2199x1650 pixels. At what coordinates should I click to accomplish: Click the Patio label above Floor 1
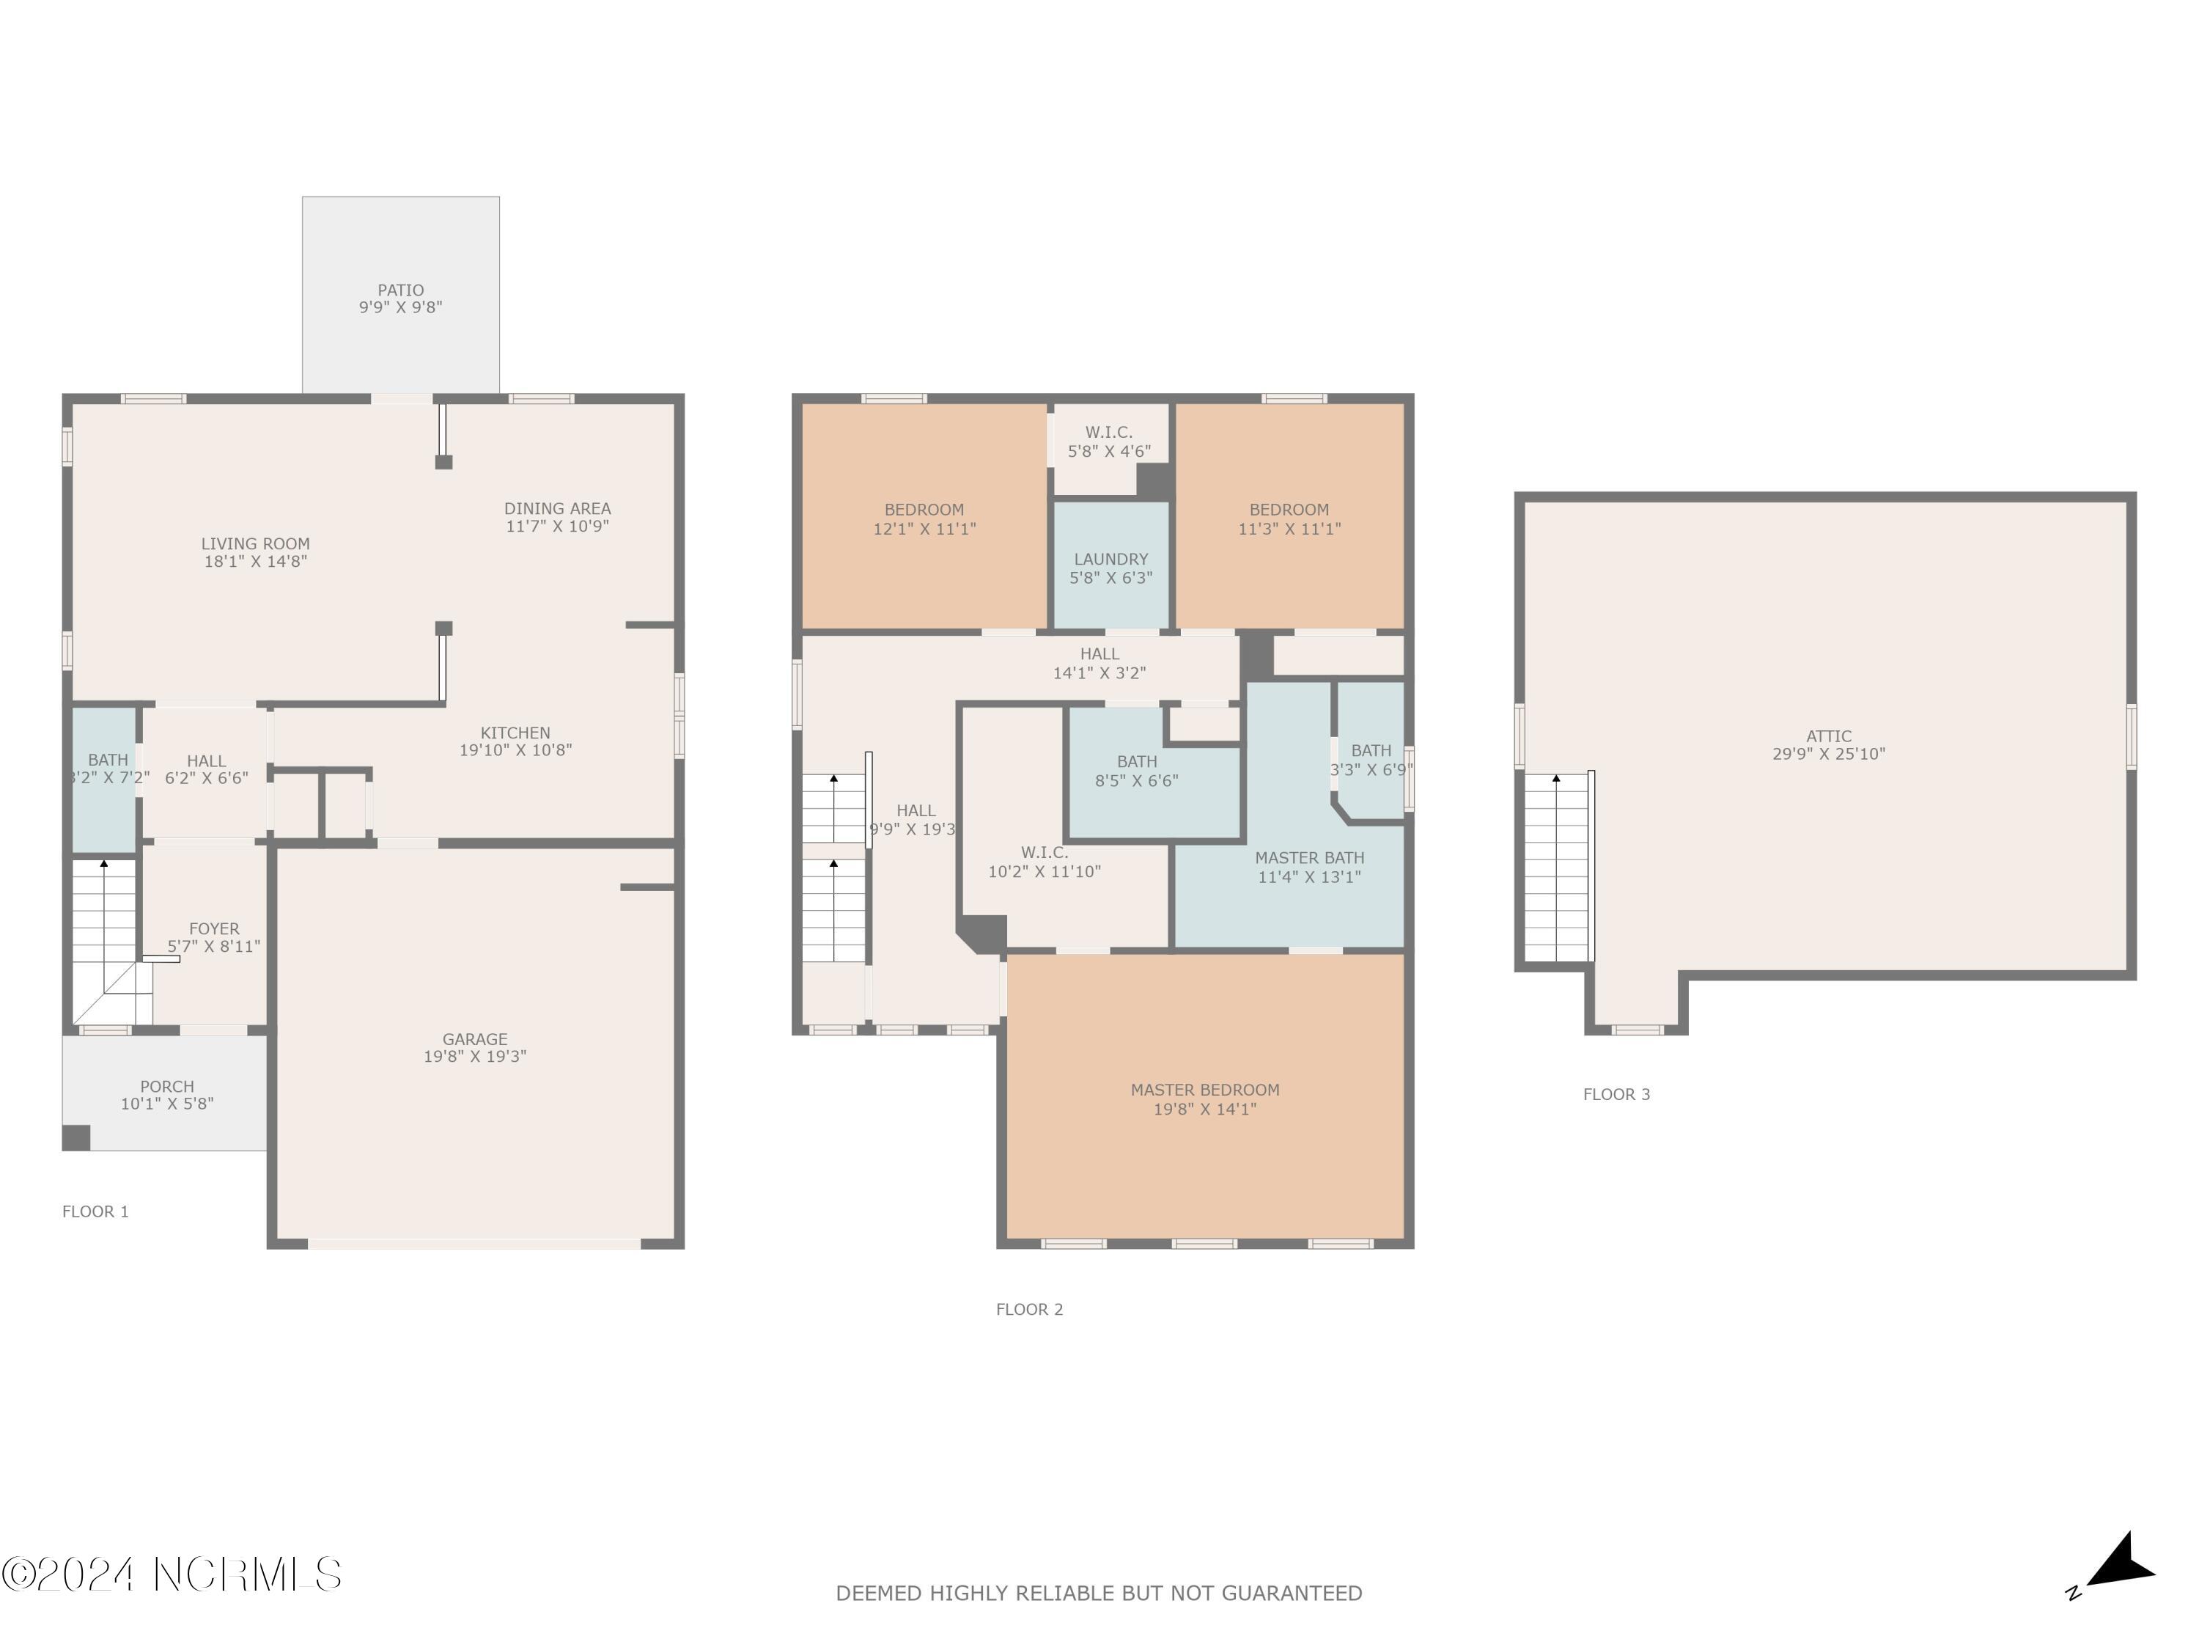tap(401, 290)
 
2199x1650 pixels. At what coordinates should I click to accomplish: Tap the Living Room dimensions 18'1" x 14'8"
tap(256, 562)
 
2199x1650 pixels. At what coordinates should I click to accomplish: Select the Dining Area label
tap(556, 508)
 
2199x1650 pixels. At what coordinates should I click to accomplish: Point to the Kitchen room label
tap(515, 733)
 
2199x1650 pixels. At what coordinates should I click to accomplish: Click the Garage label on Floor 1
tap(474, 1039)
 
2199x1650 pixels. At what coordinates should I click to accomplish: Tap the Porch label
tap(167, 1087)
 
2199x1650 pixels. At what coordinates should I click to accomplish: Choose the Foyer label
tap(214, 929)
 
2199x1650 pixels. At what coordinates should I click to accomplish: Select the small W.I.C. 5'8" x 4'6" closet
tap(1108, 441)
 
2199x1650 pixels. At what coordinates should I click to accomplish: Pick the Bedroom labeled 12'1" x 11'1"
tap(924, 519)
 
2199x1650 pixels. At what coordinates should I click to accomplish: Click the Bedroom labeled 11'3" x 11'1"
tap(1289, 519)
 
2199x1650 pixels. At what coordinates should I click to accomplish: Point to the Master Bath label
tap(1308, 858)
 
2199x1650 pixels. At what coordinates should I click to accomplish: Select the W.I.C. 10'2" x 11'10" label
tap(1044, 862)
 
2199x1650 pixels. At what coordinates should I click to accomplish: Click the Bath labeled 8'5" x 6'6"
tap(1136, 771)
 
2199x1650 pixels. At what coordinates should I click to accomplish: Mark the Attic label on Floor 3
tap(1828, 737)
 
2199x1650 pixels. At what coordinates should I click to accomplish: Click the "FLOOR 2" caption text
tap(1029, 1310)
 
